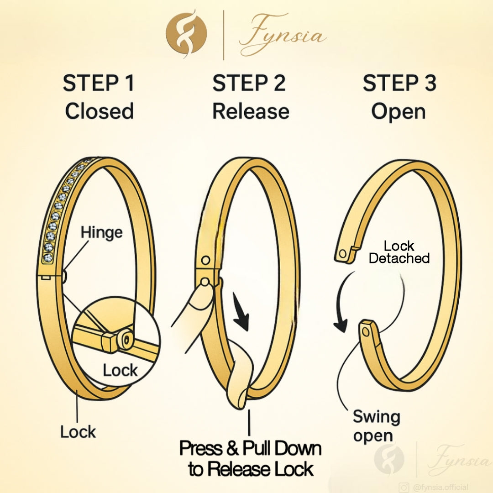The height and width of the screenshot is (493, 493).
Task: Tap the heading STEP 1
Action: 99,83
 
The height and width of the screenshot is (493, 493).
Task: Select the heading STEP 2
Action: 249,83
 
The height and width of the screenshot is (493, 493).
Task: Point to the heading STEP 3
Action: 399,83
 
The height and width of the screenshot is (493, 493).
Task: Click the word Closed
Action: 99,111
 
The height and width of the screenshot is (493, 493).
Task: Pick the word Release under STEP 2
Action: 251,111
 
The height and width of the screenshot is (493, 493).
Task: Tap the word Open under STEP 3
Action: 398,111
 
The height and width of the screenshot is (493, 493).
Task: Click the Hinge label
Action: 101,232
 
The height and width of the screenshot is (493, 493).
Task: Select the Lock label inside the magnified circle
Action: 120,370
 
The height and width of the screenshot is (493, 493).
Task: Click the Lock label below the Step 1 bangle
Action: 78,431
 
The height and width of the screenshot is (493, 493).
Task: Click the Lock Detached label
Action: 399,252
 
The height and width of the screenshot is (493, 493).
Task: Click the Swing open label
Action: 376,426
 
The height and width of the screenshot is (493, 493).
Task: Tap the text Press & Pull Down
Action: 250,448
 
